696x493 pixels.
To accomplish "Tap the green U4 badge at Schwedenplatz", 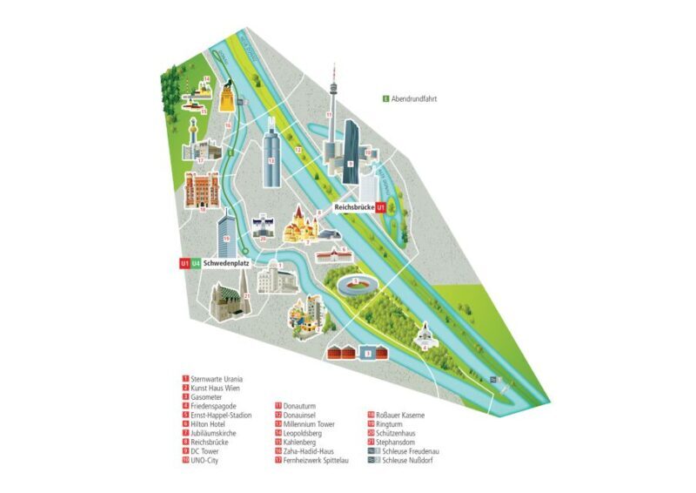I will click(x=196, y=263).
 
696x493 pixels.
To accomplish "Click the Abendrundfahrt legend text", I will click(x=413, y=99).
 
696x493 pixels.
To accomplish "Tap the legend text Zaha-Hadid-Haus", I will click(x=306, y=451).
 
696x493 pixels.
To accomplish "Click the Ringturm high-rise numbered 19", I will click(x=225, y=228).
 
